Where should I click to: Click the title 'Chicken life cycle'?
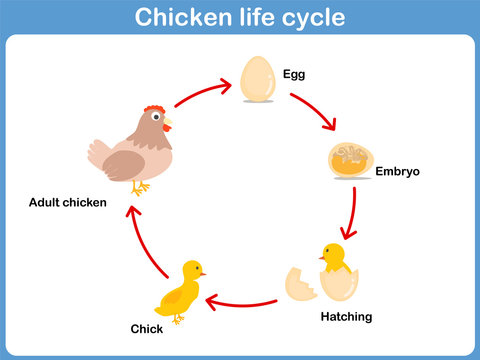pyautogui.click(x=240, y=17)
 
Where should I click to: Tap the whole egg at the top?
pyautogui.click(x=258, y=77)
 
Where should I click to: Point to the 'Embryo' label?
pyautogui.click(x=398, y=171)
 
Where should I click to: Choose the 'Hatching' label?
pyautogui.click(x=346, y=317)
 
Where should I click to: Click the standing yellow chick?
pyautogui.click(x=180, y=290)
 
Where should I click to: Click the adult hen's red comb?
pyautogui.click(x=153, y=109)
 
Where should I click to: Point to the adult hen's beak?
pyautogui.click(x=168, y=124)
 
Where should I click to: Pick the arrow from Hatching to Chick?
pyautogui.click(x=242, y=301)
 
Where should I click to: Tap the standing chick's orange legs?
pyautogui.click(x=178, y=317)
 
